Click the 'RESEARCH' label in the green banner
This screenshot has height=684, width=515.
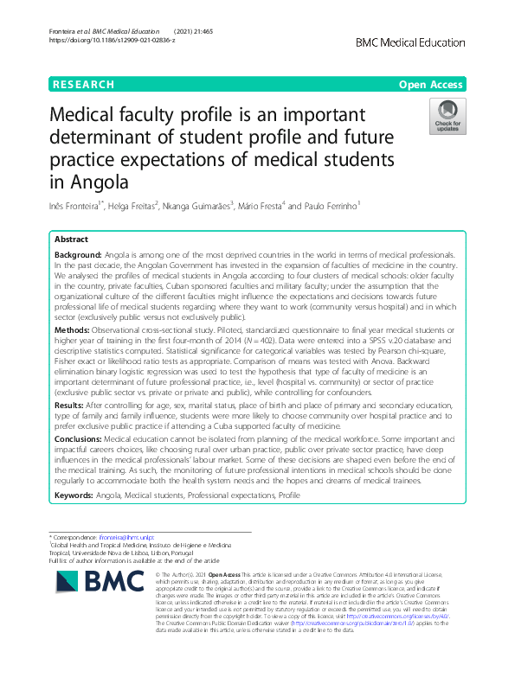coord(83,85)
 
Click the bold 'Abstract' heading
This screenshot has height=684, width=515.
coord(71,240)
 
